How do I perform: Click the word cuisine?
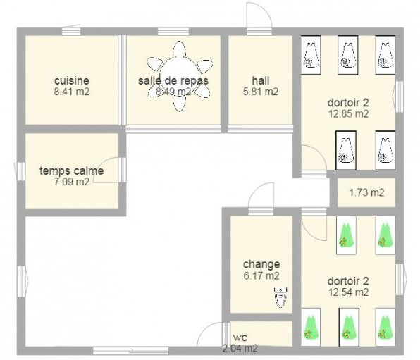(x=71, y=80)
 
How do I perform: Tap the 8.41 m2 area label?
(x=71, y=92)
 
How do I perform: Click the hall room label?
(x=261, y=80)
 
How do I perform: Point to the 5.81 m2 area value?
(x=261, y=92)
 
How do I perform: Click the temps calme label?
(x=71, y=170)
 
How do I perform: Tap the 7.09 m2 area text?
(x=71, y=182)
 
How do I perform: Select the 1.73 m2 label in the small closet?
(x=366, y=192)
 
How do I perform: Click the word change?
(x=261, y=264)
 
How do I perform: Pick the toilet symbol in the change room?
(x=280, y=297)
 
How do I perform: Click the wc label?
(x=240, y=337)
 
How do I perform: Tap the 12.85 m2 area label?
(x=349, y=114)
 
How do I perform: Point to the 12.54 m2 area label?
(x=349, y=292)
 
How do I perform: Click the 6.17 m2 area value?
(x=261, y=275)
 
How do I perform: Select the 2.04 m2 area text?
(x=240, y=348)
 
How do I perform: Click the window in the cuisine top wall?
(x=71, y=32)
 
